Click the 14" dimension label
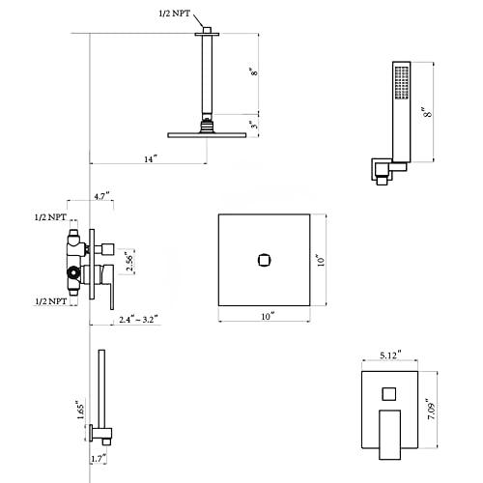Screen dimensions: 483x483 pyautogui.click(x=151, y=159)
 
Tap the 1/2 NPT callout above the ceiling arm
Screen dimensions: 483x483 pyautogui.click(x=175, y=14)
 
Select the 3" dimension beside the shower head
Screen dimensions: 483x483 pyautogui.click(x=254, y=125)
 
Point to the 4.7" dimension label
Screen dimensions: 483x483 pyautogui.click(x=102, y=196)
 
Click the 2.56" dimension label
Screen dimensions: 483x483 pyautogui.click(x=129, y=262)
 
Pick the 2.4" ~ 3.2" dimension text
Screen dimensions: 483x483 pyautogui.click(x=138, y=320)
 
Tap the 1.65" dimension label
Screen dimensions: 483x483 pyautogui.click(x=80, y=410)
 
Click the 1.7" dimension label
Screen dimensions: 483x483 pyautogui.click(x=99, y=459)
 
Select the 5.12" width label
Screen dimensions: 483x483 pyautogui.click(x=390, y=355)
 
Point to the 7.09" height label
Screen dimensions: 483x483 pyautogui.click(x=431, y=409)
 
